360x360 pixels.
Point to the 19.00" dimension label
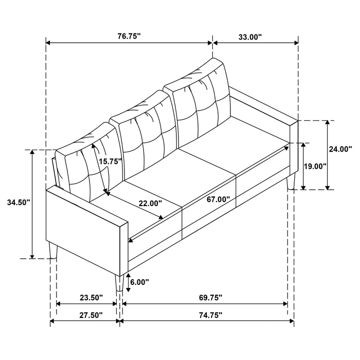[x=316, y=166]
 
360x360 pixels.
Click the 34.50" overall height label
[x=19, y=202]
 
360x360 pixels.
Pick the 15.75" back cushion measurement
[x=111, y=161]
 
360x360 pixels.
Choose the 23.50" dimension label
[x=92, y=297]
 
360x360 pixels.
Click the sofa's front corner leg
[x=119, y=283]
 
